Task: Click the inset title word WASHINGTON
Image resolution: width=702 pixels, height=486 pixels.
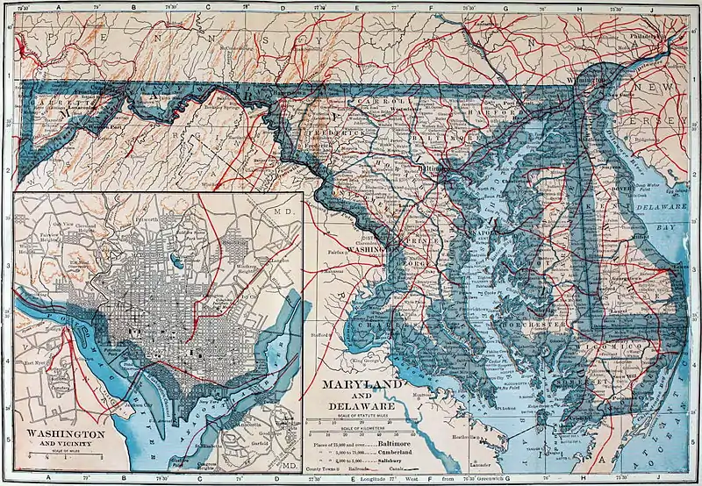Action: tap(66, 434)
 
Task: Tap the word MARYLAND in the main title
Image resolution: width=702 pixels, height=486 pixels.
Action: tap(362, 386)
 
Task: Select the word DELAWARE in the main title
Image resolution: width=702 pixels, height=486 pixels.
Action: tap(362, 407)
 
